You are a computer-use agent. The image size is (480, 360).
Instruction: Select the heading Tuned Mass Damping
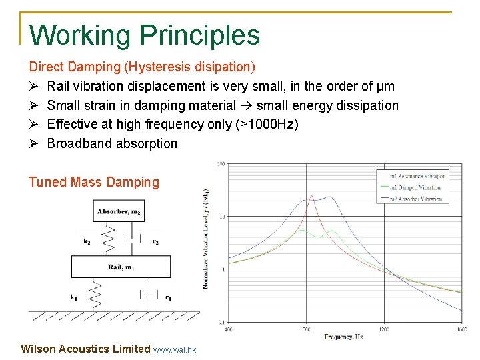94,182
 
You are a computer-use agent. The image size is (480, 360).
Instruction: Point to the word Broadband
79,143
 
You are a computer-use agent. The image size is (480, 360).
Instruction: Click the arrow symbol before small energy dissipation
246,105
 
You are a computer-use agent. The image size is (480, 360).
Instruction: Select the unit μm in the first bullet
386,86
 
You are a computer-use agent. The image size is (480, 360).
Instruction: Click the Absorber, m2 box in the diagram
119,212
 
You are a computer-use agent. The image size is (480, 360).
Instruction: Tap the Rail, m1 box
120,267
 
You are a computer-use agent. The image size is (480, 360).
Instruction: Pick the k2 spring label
87,242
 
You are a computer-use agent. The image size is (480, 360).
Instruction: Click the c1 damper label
168,297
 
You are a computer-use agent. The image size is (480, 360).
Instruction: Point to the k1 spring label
73,297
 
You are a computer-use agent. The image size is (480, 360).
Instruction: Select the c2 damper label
155,242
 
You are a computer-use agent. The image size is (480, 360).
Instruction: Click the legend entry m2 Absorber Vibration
415,199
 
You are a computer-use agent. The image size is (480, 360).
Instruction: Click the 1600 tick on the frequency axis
461,329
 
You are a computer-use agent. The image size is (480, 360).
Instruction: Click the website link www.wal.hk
175,349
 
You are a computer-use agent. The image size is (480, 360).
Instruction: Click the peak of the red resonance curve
310,195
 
